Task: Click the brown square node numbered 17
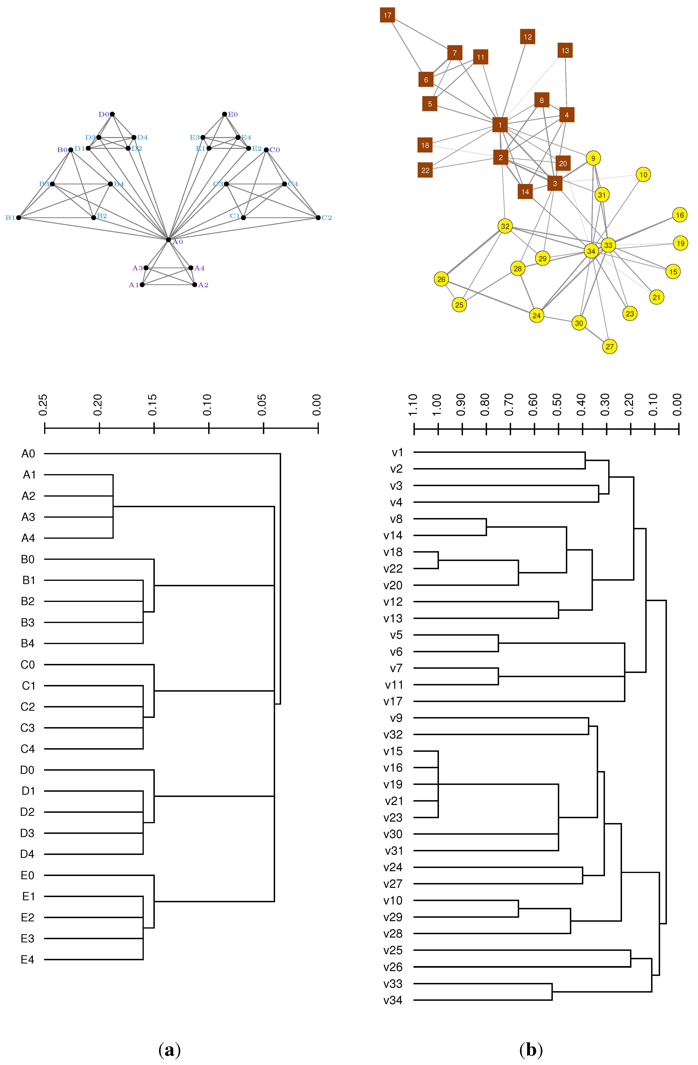coord(387,15)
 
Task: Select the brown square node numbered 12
coord(528,37)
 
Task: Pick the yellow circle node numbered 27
coord(609,346)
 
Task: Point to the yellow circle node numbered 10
coord(643,175)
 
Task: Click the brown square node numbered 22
coord(425,170)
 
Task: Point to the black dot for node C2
coord(318,217)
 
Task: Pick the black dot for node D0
coord(112,114)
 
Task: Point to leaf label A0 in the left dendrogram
coord(28,454)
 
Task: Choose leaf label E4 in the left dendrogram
coord(28,959)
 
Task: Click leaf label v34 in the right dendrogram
coord(393,1000)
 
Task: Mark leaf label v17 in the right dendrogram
coord(393,701)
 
